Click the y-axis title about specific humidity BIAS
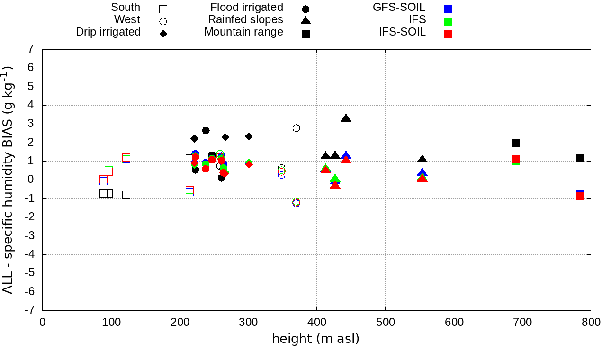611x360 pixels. [x=8, y=180]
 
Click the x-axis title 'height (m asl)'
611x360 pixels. [x=315, y=339]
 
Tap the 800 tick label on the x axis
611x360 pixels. [x=591, y=323]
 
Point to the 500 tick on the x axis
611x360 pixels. [x=385, y=323]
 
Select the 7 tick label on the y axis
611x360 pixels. [x=31, y=49]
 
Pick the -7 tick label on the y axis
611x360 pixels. [x=29, y=310]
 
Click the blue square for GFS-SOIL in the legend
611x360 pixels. [x=449, y=9]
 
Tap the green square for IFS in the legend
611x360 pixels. [x=449, y=21]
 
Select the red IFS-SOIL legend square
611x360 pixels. [x=449, y=34]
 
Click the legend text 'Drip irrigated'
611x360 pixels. [x=108, y=32]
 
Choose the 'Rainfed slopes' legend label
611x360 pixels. [x=245, y=20]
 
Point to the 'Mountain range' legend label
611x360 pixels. [x=243, y=32]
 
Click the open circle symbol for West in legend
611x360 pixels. [x=163, y=21]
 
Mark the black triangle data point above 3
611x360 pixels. [x=346, y=118]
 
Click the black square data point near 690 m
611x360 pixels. [x=516, y=143]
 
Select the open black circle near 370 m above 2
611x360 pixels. [x=296, y=128]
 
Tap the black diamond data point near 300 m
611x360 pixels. [x=249, y=136]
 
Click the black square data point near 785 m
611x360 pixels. [x=580, y=158]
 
